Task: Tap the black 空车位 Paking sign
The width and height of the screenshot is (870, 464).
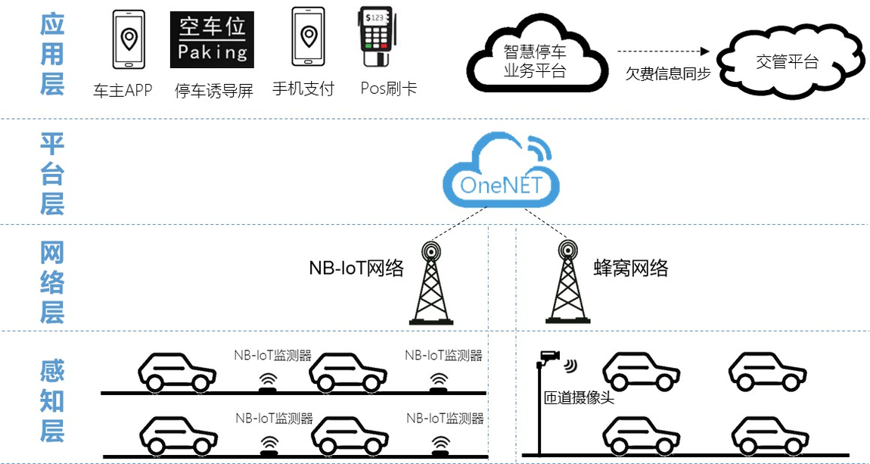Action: pyautogui.click(x=212, y=40)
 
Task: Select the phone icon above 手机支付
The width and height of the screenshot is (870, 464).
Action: pyautogui.click(x=308, y=39)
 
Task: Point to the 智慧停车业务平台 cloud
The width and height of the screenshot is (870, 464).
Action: pyautogui.click(x=536, y=59)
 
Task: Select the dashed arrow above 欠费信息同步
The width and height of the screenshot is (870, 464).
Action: pyautogui.click(x=664, y=52)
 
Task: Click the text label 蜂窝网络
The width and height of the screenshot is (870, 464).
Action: pyautogui.click(x=631, y=268)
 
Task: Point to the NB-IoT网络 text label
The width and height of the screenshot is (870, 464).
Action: pyautogui.click(x=356, y=268)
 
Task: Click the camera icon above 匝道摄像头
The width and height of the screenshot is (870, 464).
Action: pyautogui.click(x=548, y=357)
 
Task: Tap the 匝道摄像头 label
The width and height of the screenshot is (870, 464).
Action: pyautogui.click(x=579, y=397)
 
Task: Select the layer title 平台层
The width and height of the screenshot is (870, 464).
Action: pyautogui.click(x=52, y=173)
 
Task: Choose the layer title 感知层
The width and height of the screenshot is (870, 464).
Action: pyautogui.click(x=52, y=401)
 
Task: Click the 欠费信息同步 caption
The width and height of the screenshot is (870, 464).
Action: pyautogui.click(x=667, y=74)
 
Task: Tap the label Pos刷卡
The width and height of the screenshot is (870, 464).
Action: pyautogui.click(x=388, y=89)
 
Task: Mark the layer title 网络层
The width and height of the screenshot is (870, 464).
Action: pyautogui.click(x=52, y=282)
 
